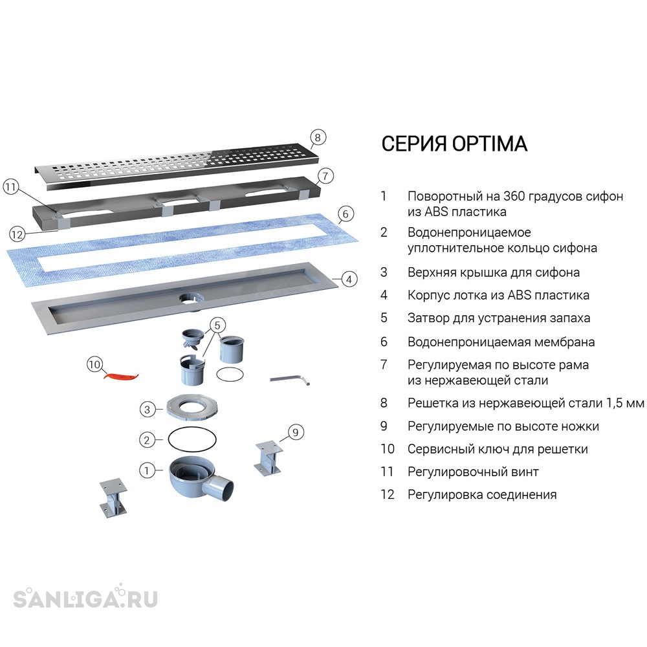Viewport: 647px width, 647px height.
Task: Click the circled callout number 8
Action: [317, 137]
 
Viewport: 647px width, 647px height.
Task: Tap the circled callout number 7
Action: [325, 176]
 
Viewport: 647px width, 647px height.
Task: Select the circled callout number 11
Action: [11, 188]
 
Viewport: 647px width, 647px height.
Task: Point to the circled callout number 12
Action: [17, 235]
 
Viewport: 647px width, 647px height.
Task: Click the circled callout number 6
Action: [345, 214]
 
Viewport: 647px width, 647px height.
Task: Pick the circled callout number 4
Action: [349, 280]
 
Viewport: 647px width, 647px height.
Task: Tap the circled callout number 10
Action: [94, 364]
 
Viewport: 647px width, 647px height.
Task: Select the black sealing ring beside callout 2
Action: [192, 439]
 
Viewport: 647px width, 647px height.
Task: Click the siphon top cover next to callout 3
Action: [192, 408]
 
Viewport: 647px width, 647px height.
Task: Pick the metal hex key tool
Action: [290, 380]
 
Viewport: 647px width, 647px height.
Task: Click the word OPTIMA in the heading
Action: [490, 144]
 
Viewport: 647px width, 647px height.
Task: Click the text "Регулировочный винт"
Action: [473, 472]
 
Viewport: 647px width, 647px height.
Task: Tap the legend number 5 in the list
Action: [384, 318]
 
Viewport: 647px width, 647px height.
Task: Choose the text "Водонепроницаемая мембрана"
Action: [501, 342]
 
